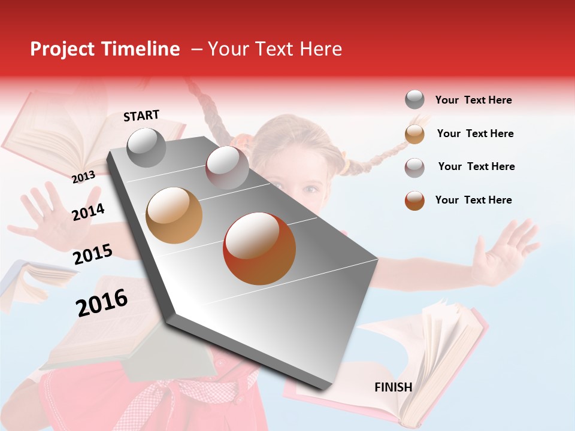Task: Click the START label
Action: (141, 116)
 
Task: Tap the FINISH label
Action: (393, 387)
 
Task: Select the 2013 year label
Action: (83, 177)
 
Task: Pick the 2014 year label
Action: (88, 212)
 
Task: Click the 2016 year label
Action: (102, 303)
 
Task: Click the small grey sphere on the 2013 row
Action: (146, 147)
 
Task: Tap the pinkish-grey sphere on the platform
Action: (226, 168)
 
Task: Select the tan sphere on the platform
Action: (174, 215)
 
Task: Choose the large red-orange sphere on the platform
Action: (259, 248)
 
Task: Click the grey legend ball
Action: (414, 99)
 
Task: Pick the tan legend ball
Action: (414, 133)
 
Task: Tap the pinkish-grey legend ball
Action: (414, 167)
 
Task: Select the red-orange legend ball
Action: (414, 201)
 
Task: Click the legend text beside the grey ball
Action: (473, 100)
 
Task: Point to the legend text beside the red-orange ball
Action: (473, 200)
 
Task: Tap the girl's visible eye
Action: (310, 189)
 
